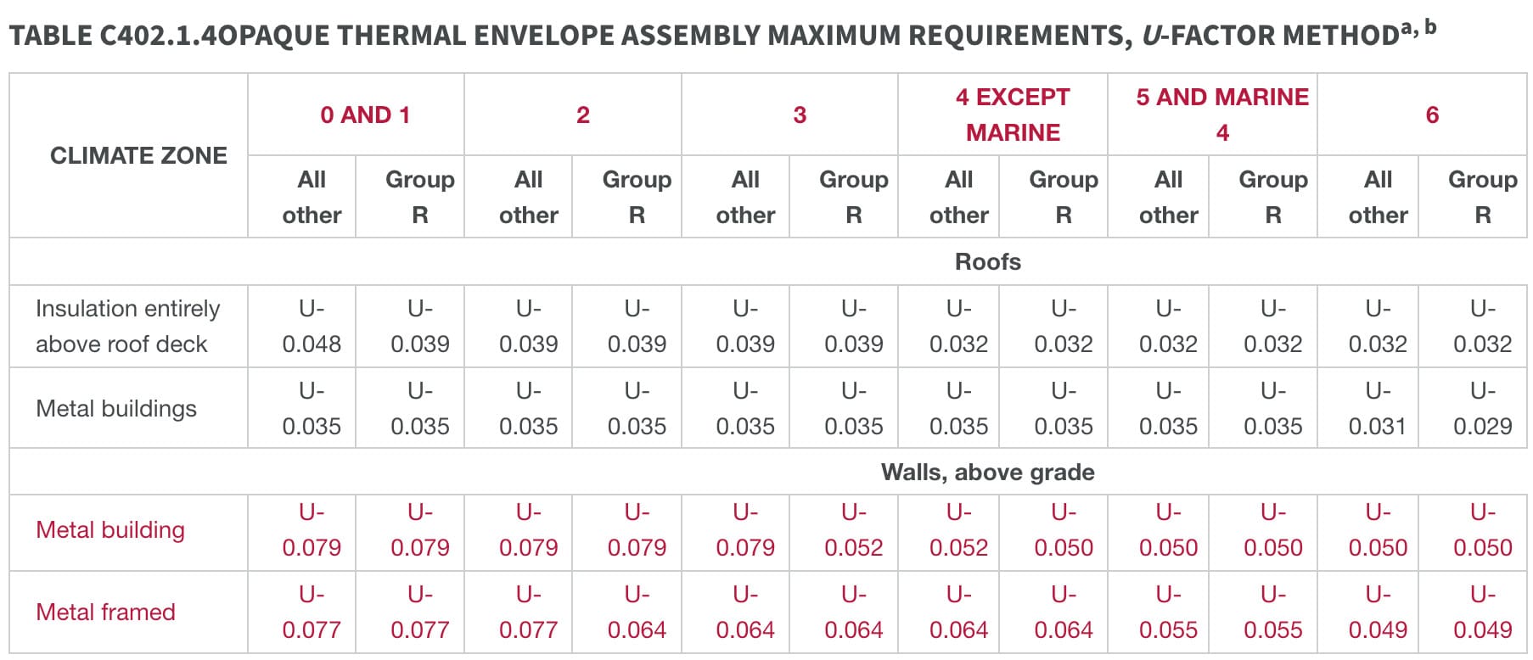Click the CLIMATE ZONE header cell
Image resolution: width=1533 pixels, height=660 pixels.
click(138, 155)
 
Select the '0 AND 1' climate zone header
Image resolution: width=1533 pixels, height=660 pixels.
click(365, 115)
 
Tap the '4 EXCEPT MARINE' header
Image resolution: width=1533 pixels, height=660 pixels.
click(1012, 115)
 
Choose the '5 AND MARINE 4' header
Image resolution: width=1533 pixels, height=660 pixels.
click(1222, 115)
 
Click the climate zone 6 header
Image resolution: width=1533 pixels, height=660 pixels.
click(1432, 115)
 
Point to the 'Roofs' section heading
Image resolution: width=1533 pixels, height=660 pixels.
click(987, 261)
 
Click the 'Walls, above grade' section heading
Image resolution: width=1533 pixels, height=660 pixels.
click(987, 472)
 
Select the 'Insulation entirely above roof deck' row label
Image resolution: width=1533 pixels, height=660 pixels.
click(127, 326)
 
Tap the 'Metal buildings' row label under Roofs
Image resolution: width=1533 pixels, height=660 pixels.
click(116, 408)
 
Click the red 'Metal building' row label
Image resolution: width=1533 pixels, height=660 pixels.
click(110, 529)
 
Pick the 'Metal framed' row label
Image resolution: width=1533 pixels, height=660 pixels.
click(105, 612)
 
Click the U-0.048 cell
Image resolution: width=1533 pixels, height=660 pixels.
click(312, 326)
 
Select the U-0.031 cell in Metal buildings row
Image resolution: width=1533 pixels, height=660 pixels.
click(1378, 408)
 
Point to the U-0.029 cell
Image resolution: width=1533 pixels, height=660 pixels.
click(1482, 408)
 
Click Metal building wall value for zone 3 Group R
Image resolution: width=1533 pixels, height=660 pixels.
click(853, 529)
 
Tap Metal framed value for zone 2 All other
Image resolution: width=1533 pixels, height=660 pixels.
click(528, 612)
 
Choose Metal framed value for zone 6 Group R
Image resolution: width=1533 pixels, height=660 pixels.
click(1482, 612)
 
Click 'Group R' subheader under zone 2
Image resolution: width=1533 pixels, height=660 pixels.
click(637, 197)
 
